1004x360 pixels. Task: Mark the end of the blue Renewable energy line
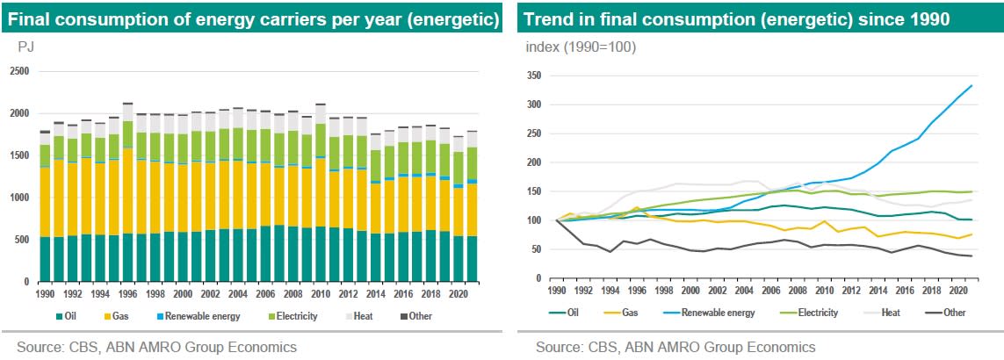coord(971,85)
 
